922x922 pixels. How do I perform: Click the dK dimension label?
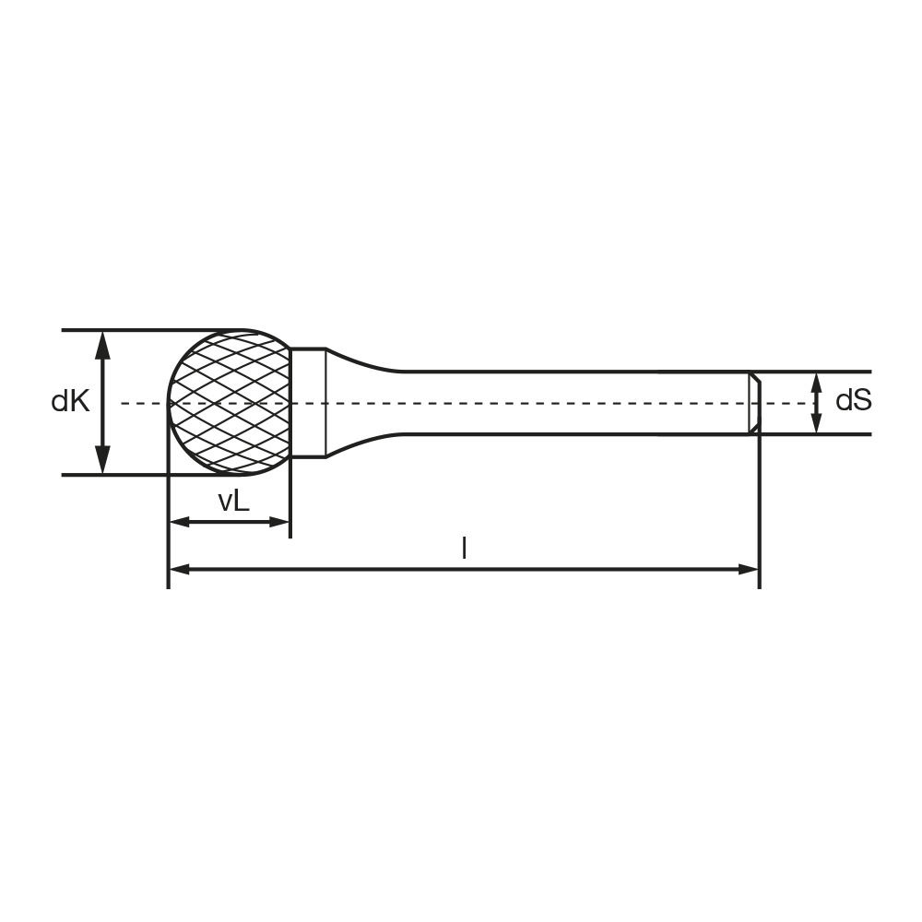tap(71, 402)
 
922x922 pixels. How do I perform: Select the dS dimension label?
tap(853, 401)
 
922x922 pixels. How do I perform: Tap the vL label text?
tap(233, 502)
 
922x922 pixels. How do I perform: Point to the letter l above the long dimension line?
tap(465, 548)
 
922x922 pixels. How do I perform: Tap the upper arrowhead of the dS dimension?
tap(816, 383)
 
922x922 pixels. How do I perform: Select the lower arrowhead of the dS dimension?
tap(816, 423)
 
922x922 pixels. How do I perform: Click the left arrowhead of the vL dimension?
tap(180, 522)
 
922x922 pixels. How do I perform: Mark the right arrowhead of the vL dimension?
tap(278, 522)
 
